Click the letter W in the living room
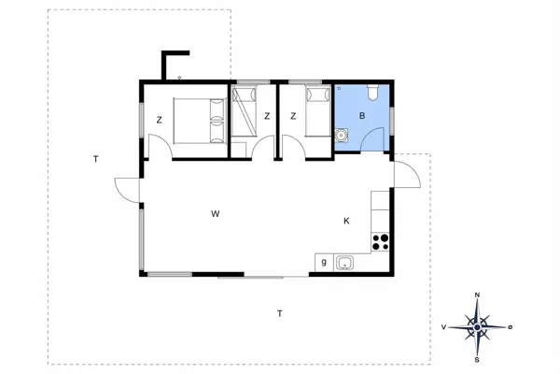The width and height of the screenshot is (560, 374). click(215, 214)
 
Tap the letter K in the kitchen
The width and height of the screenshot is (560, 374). click(346, 221)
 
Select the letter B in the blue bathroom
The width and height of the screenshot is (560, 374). click(361, 117)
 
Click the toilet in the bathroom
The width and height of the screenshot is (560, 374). click(371, 93)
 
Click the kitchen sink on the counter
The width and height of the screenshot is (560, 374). click(344, 263)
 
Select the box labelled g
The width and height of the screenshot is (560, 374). click(324, 263)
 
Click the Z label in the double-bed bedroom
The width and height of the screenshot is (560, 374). click(160, 119)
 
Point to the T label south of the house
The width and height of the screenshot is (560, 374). click(279, 313)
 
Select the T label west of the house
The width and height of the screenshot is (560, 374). click(95, 159)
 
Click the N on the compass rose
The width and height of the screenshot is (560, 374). click(478, 295)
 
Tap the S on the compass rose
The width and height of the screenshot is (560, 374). click(478, 358)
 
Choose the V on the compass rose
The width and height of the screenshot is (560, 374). click(445, 327)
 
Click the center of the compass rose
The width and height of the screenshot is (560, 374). click(478, 326)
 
